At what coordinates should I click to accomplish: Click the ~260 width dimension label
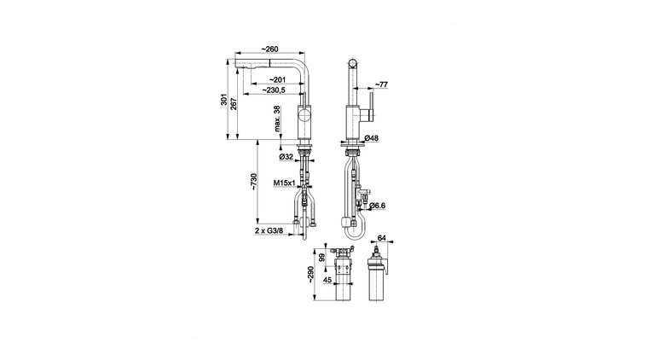tap(269, 49)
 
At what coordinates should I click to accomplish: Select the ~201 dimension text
tap(277, 80)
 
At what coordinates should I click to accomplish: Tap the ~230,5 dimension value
tap(274, 90)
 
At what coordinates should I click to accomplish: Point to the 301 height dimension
tap(223, 100)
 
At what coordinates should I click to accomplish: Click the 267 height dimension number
tap(233, 102)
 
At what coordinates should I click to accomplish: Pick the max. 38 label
tap(277, 119)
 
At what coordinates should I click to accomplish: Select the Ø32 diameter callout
tap(286, 157)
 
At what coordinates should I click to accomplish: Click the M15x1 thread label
tap(284, 183)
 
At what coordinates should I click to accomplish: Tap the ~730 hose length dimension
tap(254, 182)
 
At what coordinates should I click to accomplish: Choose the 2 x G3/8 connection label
tap(269, 230)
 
